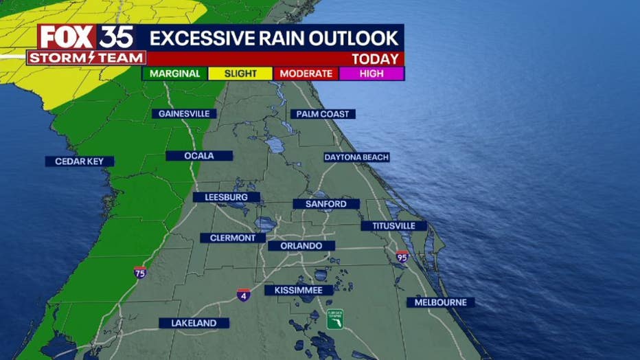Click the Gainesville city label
184,113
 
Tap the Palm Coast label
323,114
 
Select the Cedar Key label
80,161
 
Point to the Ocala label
199,156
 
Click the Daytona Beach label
356,157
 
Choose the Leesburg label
227,197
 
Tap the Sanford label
326,204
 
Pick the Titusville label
393,226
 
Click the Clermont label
233,238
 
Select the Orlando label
301,245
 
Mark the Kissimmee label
299,290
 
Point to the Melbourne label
440,302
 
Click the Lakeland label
194,323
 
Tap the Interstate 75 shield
140,272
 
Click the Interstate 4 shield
244,295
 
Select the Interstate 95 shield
402,257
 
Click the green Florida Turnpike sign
334,319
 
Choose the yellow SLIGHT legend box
240,74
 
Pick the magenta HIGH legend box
371,74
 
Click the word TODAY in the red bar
375,59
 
